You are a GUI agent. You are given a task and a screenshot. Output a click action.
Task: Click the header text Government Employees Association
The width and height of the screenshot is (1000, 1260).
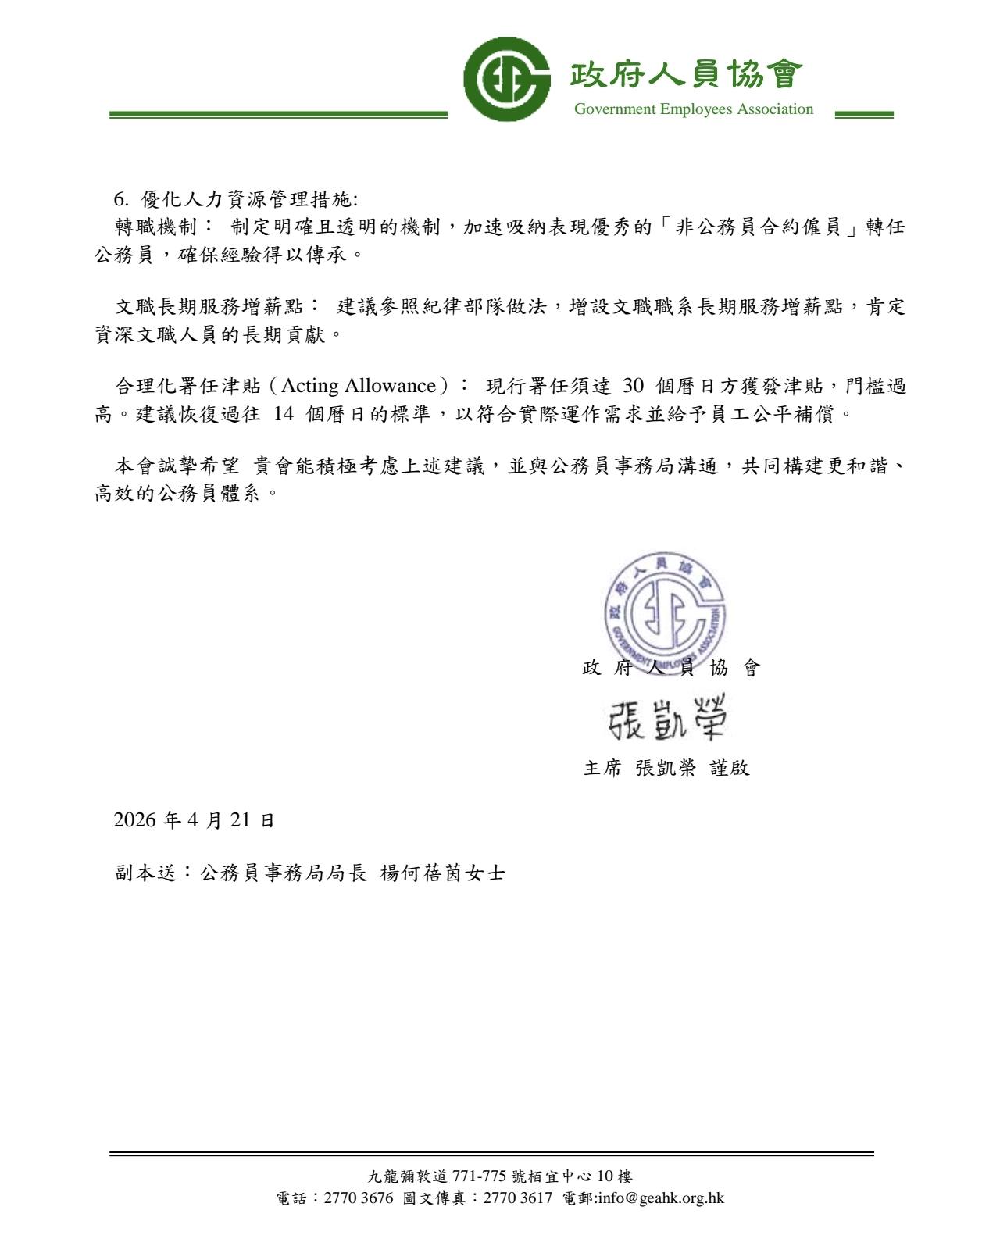693,109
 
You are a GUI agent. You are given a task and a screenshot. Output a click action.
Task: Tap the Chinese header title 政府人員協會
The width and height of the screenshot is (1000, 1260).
686,75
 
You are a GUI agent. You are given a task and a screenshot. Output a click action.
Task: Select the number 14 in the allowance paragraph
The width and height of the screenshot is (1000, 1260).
284,414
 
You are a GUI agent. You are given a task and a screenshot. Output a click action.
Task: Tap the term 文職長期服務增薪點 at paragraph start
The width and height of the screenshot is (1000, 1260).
209,307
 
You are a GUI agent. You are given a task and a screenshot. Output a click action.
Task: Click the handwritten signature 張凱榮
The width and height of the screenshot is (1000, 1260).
667,716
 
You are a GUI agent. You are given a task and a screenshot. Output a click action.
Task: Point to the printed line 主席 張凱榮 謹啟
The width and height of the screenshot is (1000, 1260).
666,768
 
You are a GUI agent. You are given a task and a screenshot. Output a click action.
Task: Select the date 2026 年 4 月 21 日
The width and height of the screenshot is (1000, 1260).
194,820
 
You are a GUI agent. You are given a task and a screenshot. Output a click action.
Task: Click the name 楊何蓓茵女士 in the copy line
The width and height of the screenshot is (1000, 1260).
442,873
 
